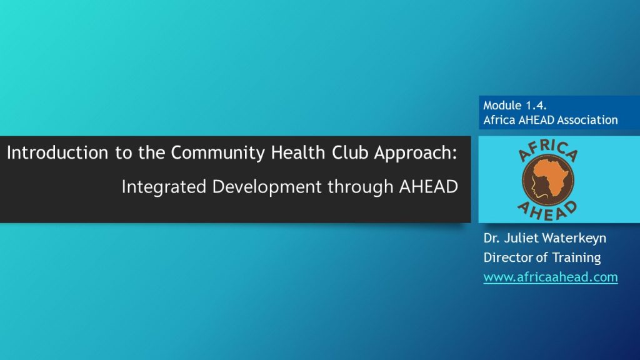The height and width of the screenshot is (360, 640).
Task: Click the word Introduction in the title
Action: (x=57, y=152)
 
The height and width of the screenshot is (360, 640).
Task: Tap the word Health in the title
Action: (x=298, y=152)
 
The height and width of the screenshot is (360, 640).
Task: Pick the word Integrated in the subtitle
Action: (x=164, y=187)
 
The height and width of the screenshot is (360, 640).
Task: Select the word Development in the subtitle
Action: (x=267, y=187)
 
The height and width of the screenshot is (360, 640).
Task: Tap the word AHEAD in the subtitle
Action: (x=429, y=187)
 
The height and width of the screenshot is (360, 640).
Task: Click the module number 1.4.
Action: (x=536, y=105)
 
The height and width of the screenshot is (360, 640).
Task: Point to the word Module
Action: (x=503, y=105)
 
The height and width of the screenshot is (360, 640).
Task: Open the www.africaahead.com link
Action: (x=551, y=277)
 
